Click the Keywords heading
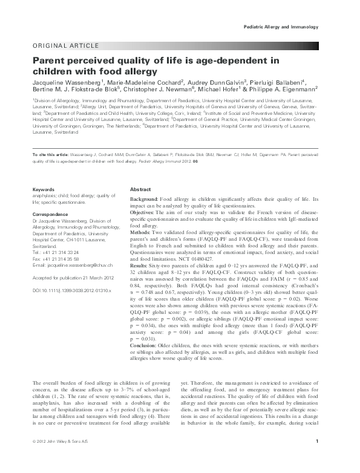[44, 190]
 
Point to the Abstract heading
[142, 190]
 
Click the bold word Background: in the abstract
[144, 199]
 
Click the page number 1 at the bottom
[318, 459]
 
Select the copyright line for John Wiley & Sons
[60, 459]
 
